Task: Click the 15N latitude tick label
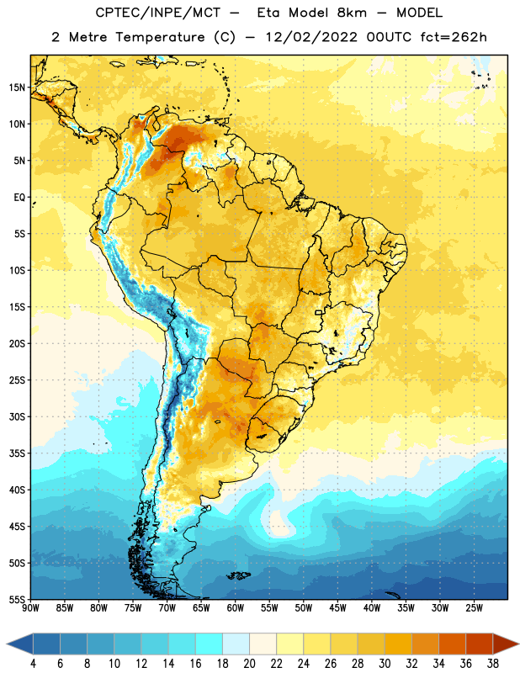[17, 87]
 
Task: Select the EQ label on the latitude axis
[19, 198]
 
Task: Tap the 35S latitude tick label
[17, 453]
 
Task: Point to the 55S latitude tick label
[17, 599]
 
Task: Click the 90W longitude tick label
[30, 608]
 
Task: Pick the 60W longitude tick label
[236, 608]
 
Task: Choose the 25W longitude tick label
[474, 608]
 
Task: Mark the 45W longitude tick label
[338, 608]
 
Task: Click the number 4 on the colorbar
[33, 664]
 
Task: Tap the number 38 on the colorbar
[493, 664]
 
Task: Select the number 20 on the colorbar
[249, 664]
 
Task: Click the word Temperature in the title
[160, 38]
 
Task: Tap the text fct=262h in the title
[454, 37]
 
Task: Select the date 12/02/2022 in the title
[311, 37]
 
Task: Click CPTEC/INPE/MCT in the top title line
[158, 13]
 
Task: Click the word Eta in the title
[268, 13]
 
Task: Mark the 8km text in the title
[352, 13]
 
